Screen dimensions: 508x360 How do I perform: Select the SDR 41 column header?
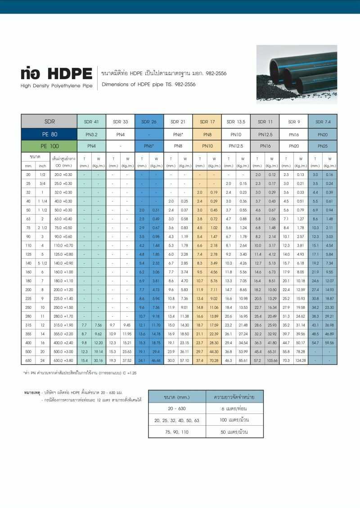[91, 121]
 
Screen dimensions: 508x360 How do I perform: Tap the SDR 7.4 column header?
[323, 121]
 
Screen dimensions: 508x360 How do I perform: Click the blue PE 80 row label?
[49, 134]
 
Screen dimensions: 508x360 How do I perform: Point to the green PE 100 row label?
[49, 146]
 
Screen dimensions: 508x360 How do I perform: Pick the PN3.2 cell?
[91, 134]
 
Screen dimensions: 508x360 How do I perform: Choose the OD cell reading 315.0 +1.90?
[63, 324]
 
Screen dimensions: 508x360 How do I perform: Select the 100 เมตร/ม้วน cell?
[234, 420]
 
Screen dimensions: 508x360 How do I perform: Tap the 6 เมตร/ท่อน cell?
[234, 409]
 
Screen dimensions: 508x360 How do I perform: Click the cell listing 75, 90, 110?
[177, 432]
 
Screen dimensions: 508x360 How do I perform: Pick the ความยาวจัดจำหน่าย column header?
[234, 397]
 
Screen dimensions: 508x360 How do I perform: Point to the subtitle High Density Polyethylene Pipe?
[56, 85]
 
